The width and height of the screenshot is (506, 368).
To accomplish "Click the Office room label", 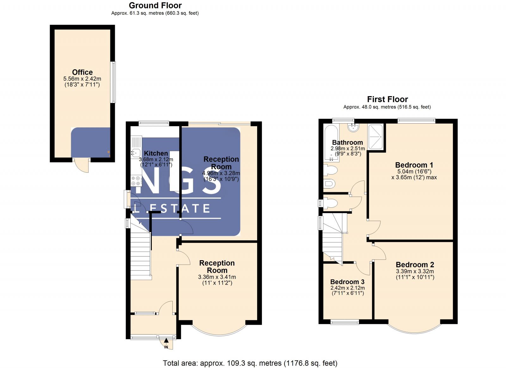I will (82, 72).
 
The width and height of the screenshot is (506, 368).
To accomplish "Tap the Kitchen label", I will (156, 153).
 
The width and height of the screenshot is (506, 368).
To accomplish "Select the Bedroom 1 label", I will (414, 165).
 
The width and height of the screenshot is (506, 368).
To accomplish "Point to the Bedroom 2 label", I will (415, 265).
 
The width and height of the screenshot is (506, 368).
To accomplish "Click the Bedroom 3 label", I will (347, 282).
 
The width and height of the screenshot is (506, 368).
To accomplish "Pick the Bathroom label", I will (347, 143).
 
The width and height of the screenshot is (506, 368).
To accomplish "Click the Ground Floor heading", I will (155, 5).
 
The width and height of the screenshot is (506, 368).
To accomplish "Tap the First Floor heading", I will (387, 99).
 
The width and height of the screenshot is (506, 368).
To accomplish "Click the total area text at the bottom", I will (250, 363).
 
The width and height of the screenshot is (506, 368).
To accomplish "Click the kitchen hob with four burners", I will (136, 181).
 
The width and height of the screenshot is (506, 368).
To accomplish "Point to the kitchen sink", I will (136, 153).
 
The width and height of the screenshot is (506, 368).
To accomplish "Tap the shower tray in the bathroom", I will (375, 137).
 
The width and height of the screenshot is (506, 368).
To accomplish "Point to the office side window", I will (113, 82).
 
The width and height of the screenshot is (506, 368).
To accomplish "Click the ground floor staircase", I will (140, 253).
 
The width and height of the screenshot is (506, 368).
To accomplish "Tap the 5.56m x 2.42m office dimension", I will (82, 79).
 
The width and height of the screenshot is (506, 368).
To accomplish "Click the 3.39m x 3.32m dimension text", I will (415, 271).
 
